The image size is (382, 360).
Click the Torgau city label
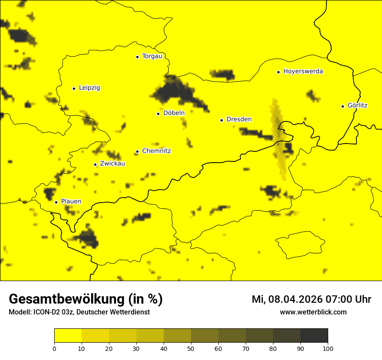click(x=152, y=56)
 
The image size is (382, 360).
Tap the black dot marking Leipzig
click(x=74, y=88)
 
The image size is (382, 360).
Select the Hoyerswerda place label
click(x=303, y=71)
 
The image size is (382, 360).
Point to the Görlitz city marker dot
click(x=342, y=106)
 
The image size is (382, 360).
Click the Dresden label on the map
click(x=239, y=119)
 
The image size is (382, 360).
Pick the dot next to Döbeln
click(x=158, y=114)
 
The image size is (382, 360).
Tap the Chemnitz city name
click(x=156, y=151)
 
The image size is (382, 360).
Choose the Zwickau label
click(x=112, y=164)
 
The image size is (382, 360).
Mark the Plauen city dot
click(x=56, y=202)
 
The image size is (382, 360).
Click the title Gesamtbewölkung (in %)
click(x=86, y=299)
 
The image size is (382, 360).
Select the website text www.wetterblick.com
click(x=313, y=312)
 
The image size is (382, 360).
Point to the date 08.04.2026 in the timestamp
click(x=293, y=299)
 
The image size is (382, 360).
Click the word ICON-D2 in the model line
click(x=46, y=312)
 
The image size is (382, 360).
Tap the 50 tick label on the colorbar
click(x=191, y=348)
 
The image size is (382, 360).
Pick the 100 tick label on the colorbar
click(x=328, y=348)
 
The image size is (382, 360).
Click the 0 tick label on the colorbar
click(x=54, y=348)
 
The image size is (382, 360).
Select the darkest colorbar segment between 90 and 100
click(x=314, y=335)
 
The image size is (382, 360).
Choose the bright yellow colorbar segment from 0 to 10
click(x=68, y=335)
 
